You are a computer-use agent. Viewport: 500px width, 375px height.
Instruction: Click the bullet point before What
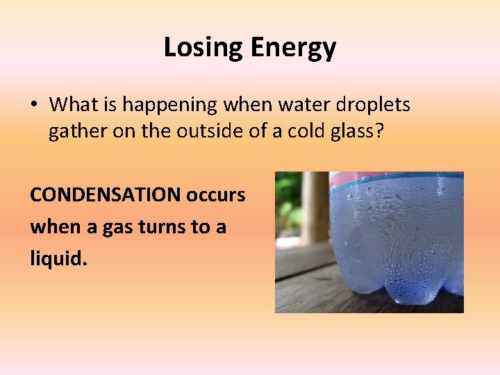click(34, 105)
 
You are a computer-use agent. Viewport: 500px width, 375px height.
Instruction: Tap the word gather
click(73, 131)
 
